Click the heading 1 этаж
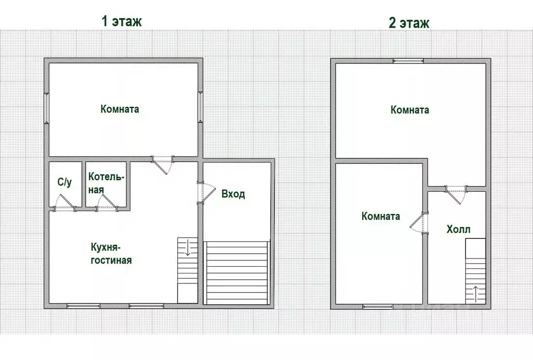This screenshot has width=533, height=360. [121, 21]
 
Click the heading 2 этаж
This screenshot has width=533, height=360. [409, 23]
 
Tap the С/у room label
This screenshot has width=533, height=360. [65, 182]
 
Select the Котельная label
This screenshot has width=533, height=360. [106, 183]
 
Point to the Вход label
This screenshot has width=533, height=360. [233, 194]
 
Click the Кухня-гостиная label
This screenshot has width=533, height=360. [111, 253]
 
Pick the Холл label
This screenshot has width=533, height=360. [458, 229]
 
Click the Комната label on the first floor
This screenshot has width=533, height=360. [120, 109]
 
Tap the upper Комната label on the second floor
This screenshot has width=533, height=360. [410, 110]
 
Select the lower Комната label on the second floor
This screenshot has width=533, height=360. [380, 216]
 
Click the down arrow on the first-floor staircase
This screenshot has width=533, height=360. [187, 247]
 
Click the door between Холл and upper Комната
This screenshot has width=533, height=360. [456, 194]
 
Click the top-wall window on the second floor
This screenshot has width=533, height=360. [408, 61]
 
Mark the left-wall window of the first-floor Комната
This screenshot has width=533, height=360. [46, 108]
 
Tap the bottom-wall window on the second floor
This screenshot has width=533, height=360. [378, 306]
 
